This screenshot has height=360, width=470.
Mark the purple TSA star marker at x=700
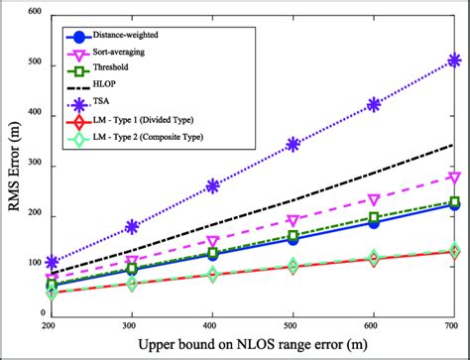point(453,60)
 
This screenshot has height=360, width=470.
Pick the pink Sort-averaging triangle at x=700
point(453,178)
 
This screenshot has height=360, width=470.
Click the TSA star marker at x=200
point(53,263)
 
